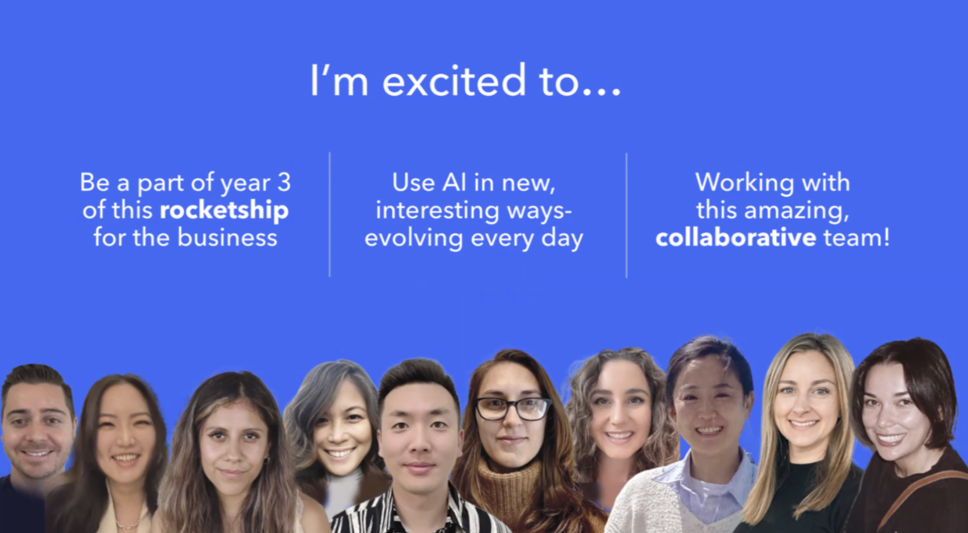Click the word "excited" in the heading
[x=454, y=81]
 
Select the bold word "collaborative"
[x=735, y=238]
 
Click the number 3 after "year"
[x=284, y=182]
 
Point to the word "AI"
[x=454, y=182]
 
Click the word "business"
[x=227, y=238]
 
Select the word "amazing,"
[x=796, y=211]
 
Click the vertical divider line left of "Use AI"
[x=330, y=215]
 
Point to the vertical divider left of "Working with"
[x=627, y=216]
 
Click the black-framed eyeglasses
[x=512, y=409]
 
